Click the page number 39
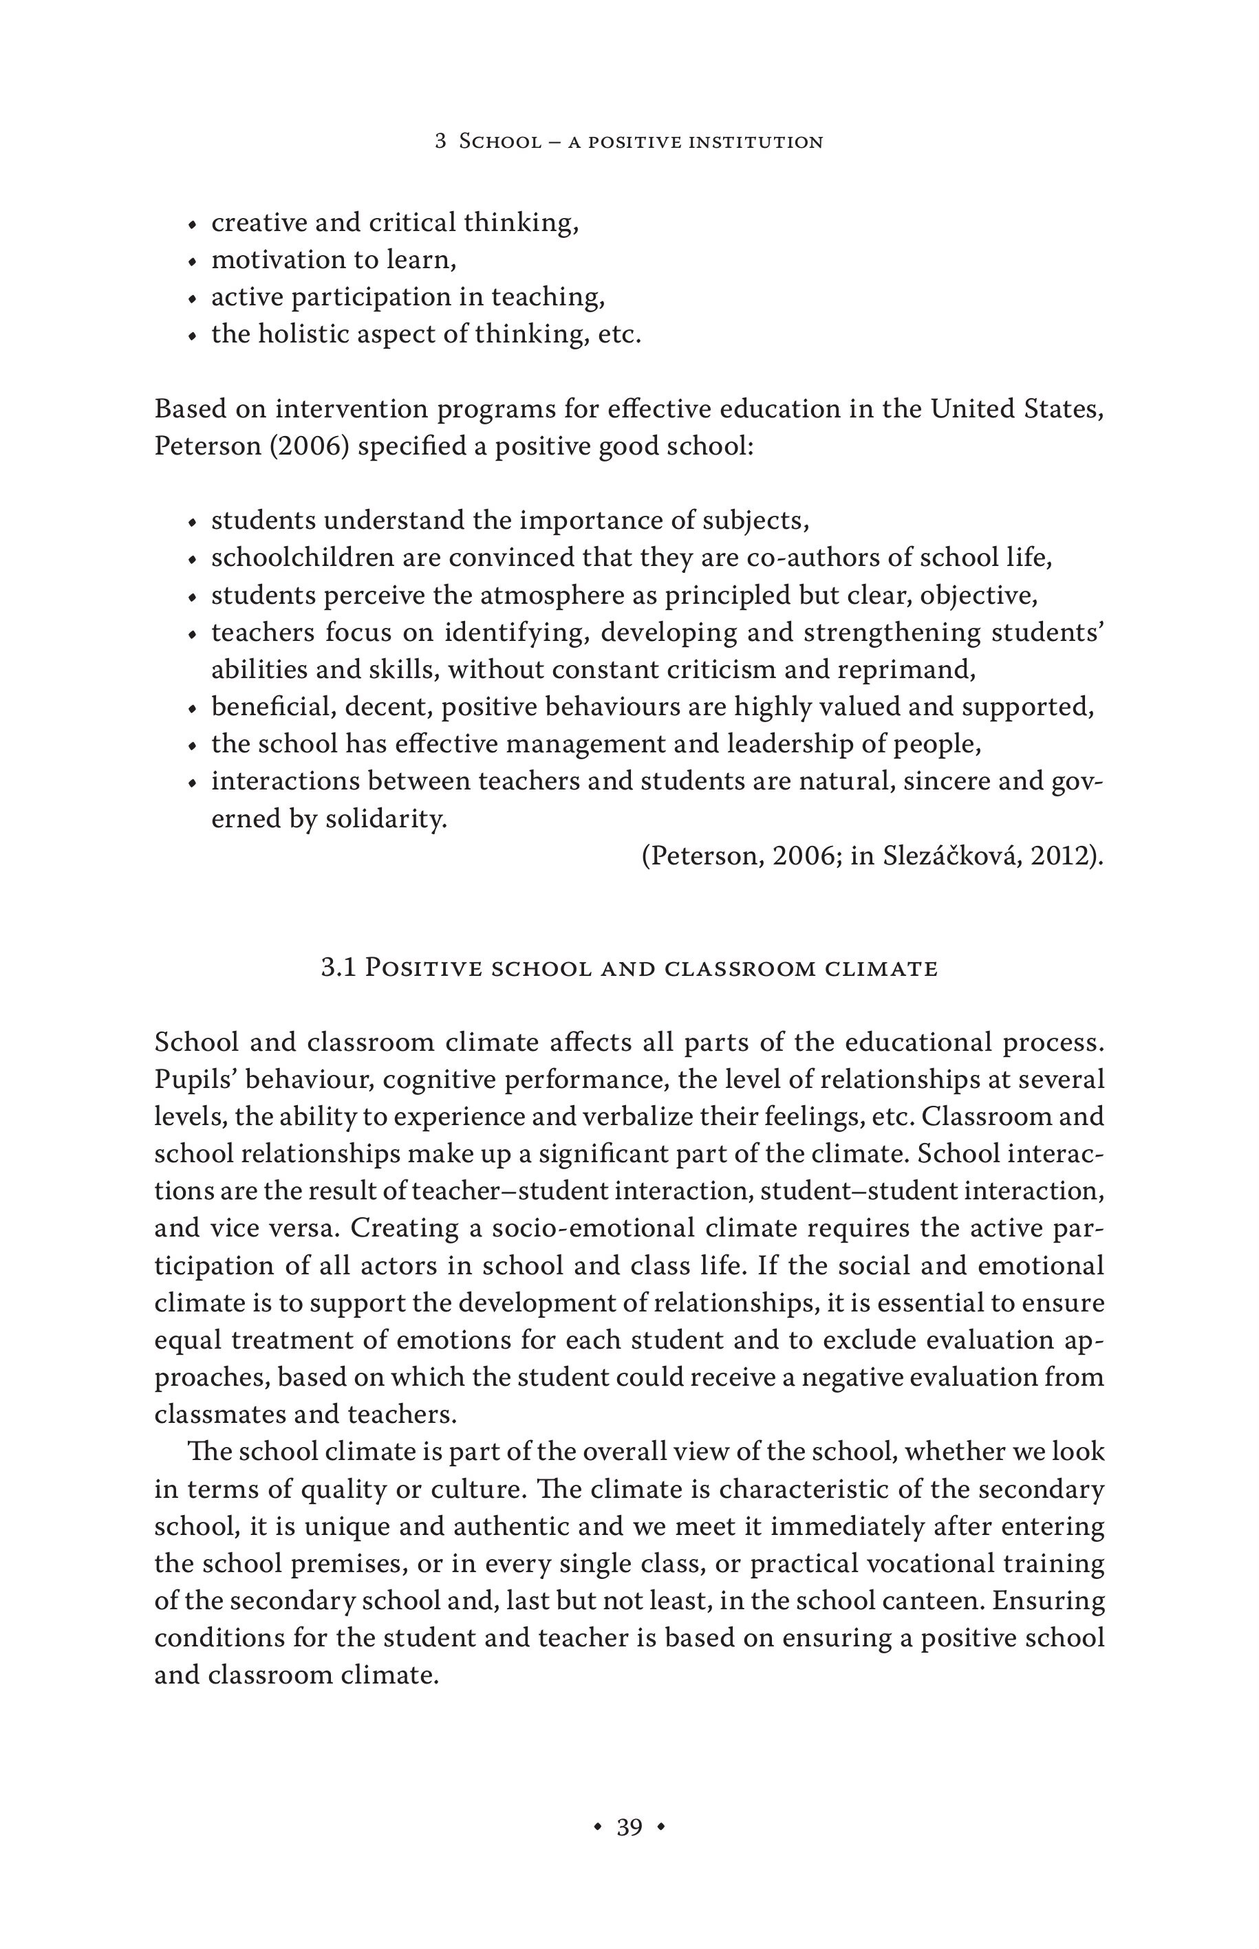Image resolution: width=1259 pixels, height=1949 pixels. (x=629, y=1827)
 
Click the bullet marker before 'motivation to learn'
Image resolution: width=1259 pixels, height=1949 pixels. (x=192, y=261)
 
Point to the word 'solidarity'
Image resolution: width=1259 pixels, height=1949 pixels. (x=386, y=819)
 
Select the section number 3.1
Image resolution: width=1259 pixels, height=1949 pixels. (x=338, y=968)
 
